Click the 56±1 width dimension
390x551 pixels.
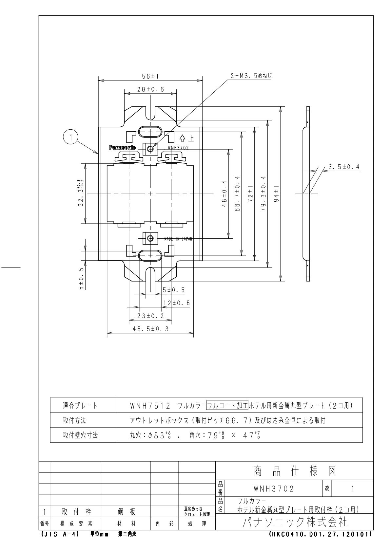[x=150, y=76]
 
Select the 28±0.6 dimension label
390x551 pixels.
[x=150, y=89]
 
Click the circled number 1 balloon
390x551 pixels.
[x=70, y=138]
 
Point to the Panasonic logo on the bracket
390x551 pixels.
[x=123, y=148]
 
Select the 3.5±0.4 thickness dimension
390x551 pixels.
[x=344, y=167]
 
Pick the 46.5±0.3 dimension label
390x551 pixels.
[x=150, y=329]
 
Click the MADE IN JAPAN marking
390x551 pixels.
[x=178, y=239]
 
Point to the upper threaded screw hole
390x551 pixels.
[x=150, y=149]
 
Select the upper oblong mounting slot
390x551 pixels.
[x=150, y=132]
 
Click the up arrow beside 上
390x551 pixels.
[x=182, y=138]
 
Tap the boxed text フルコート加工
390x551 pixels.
[x=227, y=406]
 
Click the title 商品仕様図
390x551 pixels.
[x=295, y=471]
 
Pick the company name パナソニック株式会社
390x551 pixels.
[x=295, y=522]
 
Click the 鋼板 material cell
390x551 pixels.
[x=126, y=512]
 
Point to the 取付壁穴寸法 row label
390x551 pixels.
[x=81, y=435]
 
